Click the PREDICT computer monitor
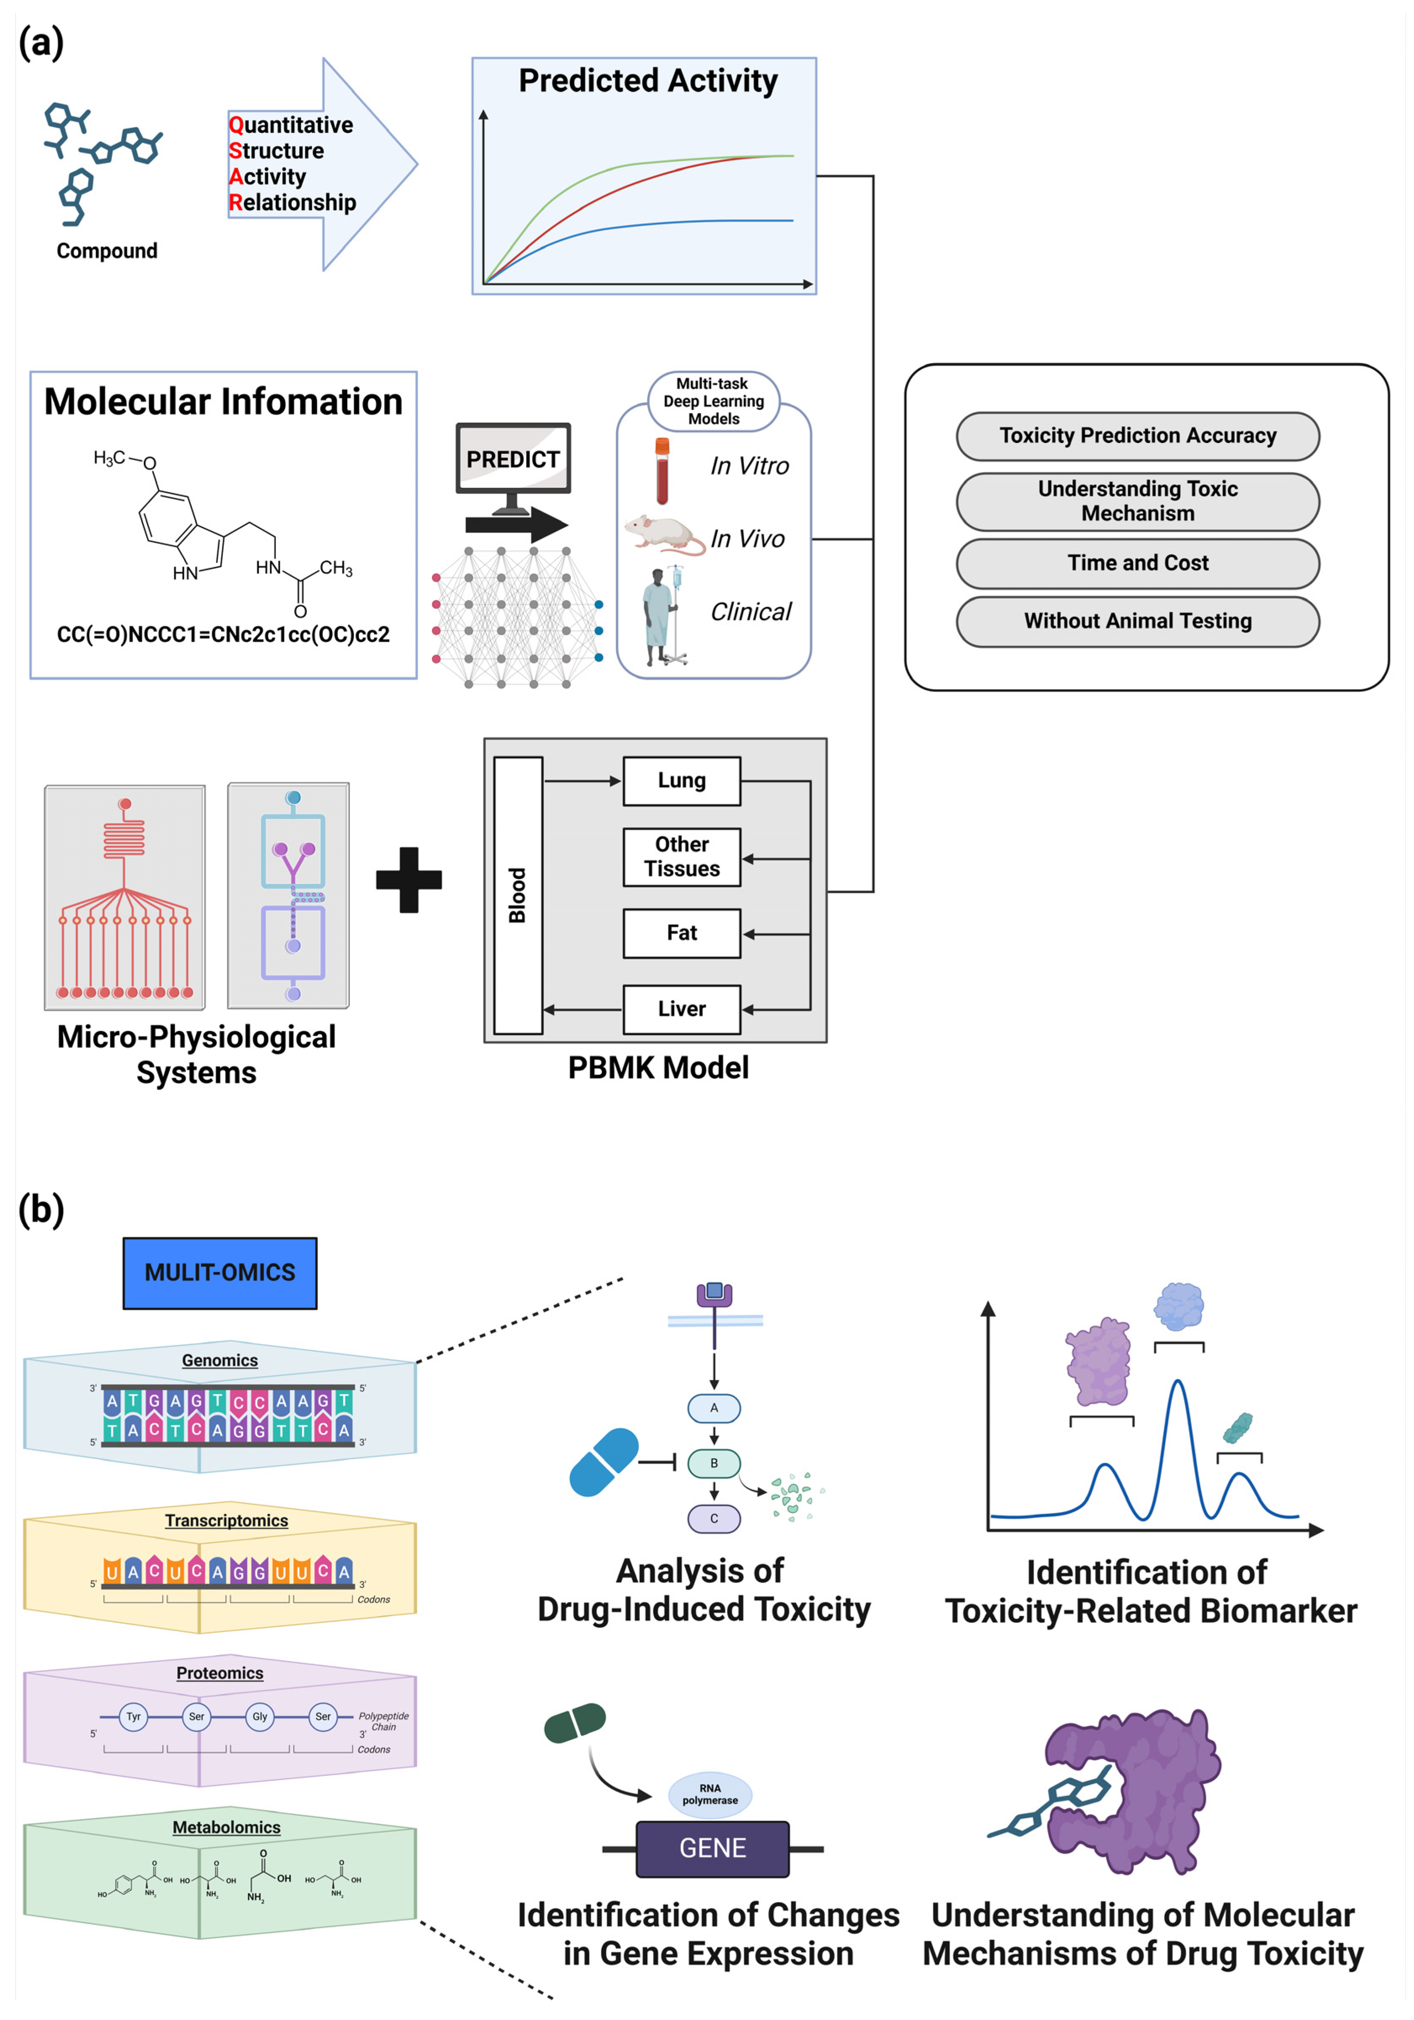pos(513,466)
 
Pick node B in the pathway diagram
pos(714,1463)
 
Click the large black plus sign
pos(409,880)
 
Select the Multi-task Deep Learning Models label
pos(714,401)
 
